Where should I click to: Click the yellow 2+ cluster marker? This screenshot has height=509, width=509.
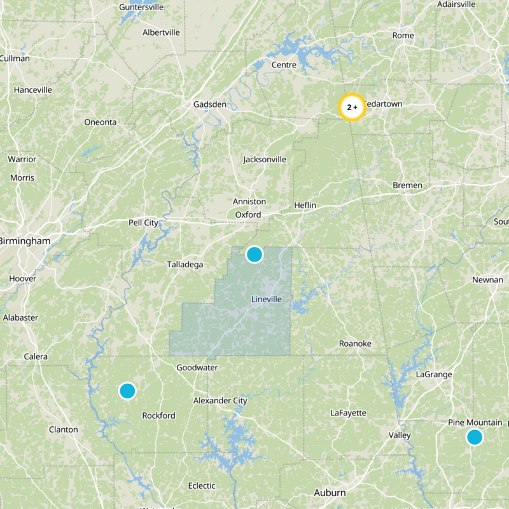(352, 108)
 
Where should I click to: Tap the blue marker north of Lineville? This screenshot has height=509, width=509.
(254, 254)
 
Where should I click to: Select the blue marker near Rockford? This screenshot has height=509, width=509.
(127, 391)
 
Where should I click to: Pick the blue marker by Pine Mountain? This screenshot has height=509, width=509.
(474, 437)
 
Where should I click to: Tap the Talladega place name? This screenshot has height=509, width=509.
(185, 264)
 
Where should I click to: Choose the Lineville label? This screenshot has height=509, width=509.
(266, 299)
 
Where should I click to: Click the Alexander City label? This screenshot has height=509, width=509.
(220, 401)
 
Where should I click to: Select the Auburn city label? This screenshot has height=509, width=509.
(330, 492)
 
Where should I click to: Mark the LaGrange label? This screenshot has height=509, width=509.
(433, 374)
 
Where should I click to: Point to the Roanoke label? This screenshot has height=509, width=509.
(355, 344)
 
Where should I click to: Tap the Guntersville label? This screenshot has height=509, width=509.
(141, 7)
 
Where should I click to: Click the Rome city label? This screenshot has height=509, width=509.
(403, 35)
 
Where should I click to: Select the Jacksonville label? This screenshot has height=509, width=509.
(265, 159)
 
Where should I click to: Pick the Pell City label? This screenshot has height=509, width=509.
(143, 223)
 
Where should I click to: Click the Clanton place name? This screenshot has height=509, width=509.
(64, 429)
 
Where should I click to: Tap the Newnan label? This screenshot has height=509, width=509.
(487, 280)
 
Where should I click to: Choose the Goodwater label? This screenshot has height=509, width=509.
(197, 367)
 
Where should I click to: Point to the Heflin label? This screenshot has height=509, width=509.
(305, 205)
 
